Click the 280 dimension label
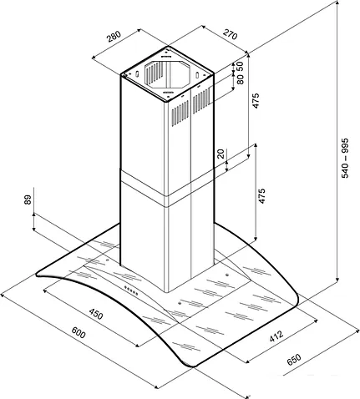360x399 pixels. point(114,36)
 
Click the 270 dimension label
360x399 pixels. point(230,34)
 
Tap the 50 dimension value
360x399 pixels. point(240,67)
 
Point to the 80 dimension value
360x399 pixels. point(240,78)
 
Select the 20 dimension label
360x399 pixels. point(221,154)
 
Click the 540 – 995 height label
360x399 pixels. point(345,158)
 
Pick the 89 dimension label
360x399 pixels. point(28,199)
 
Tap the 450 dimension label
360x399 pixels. point(96,314)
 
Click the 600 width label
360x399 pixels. point(79,332)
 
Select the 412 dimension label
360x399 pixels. point(276,336)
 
